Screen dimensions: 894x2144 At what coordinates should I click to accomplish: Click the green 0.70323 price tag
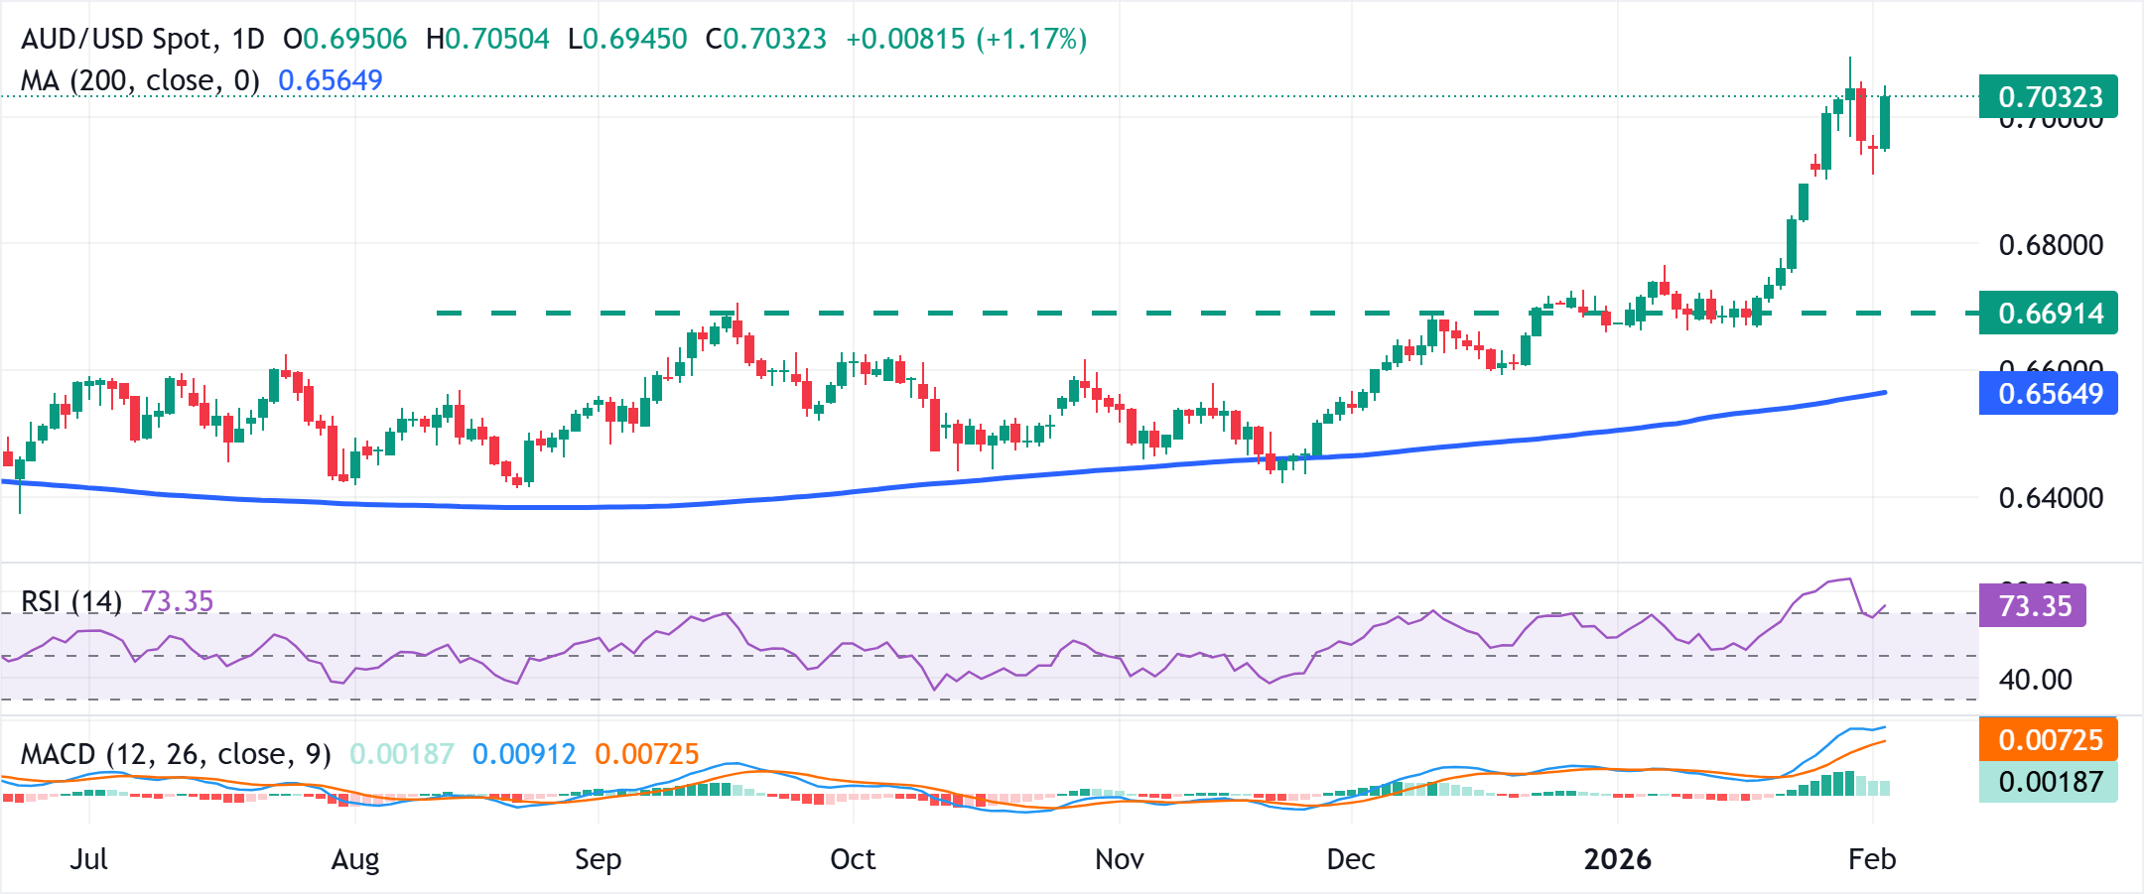pos(2048,97)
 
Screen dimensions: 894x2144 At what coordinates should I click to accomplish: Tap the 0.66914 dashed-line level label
pos(2048,314)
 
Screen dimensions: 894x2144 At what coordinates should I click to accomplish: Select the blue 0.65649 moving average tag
pos(2048,394)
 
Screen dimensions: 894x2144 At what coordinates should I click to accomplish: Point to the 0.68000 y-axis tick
pos(2050,245)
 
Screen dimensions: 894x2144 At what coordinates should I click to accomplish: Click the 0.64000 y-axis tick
pos(2050,498)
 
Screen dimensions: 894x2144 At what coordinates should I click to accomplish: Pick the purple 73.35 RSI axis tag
pos(2033,606)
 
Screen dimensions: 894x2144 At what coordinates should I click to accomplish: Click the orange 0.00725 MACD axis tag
pos(2048,740)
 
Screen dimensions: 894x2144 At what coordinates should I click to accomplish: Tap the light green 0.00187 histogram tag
pos(2048,782)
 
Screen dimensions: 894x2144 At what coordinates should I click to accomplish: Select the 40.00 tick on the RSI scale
pos(2035,680)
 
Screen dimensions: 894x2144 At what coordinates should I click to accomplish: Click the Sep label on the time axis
pos(598,859)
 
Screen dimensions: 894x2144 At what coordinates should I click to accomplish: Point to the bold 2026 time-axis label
pos(1617,859)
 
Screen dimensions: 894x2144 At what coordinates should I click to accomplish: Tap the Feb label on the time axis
pos(1871,859)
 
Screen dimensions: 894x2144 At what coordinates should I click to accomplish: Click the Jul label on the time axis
pos(88,859)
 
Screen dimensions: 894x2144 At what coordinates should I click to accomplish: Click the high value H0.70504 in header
pos(487,40)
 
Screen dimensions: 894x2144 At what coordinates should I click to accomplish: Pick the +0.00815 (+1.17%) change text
pos(966,40)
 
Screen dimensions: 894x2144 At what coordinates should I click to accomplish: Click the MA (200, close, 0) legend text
pos(140,80)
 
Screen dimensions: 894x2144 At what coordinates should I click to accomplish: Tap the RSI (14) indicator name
pos(71,601)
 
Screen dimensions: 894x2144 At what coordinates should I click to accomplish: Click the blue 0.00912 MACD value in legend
pos(524,754)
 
